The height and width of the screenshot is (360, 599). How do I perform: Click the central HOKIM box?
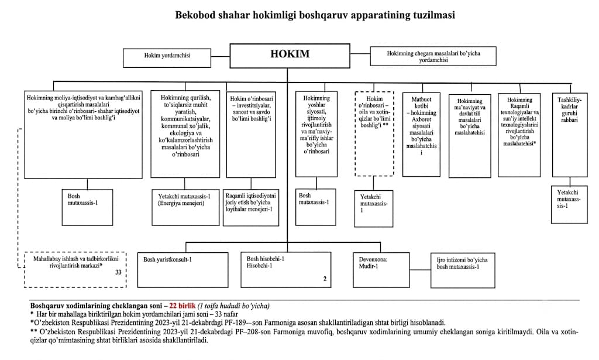pos(290,56)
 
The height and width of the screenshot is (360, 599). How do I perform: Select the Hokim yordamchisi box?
pos(167,58)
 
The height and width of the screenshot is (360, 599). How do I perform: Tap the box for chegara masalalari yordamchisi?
pos(433,56)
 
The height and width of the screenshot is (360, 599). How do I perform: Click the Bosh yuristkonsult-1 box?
pos(183,270)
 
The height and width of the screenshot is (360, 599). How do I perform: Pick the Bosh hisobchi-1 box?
pos(285,270)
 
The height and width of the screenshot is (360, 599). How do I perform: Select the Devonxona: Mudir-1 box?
pos(381,270)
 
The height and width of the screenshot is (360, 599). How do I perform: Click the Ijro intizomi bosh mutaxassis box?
pos(463,270)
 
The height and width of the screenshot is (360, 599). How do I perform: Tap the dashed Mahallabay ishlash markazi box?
pos(75,269)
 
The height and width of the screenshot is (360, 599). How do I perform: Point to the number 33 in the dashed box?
pos(118,272)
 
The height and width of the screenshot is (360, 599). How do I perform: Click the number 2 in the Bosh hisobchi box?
pos(325,279)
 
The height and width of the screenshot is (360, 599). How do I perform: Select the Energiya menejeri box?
pos(185,208)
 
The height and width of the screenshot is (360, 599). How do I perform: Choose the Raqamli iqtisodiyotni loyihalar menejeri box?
pos(251,208)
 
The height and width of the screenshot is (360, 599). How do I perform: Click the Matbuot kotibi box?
pos(421,135)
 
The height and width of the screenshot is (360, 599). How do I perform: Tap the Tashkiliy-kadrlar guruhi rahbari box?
pos(570,135)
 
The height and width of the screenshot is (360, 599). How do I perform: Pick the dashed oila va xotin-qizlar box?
pos(374,134)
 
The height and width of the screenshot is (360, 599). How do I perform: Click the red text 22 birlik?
pos(185,306)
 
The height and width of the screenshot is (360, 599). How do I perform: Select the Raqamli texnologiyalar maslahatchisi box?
pos(519,135)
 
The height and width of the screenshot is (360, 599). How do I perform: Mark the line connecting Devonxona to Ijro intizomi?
pos(420,270)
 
